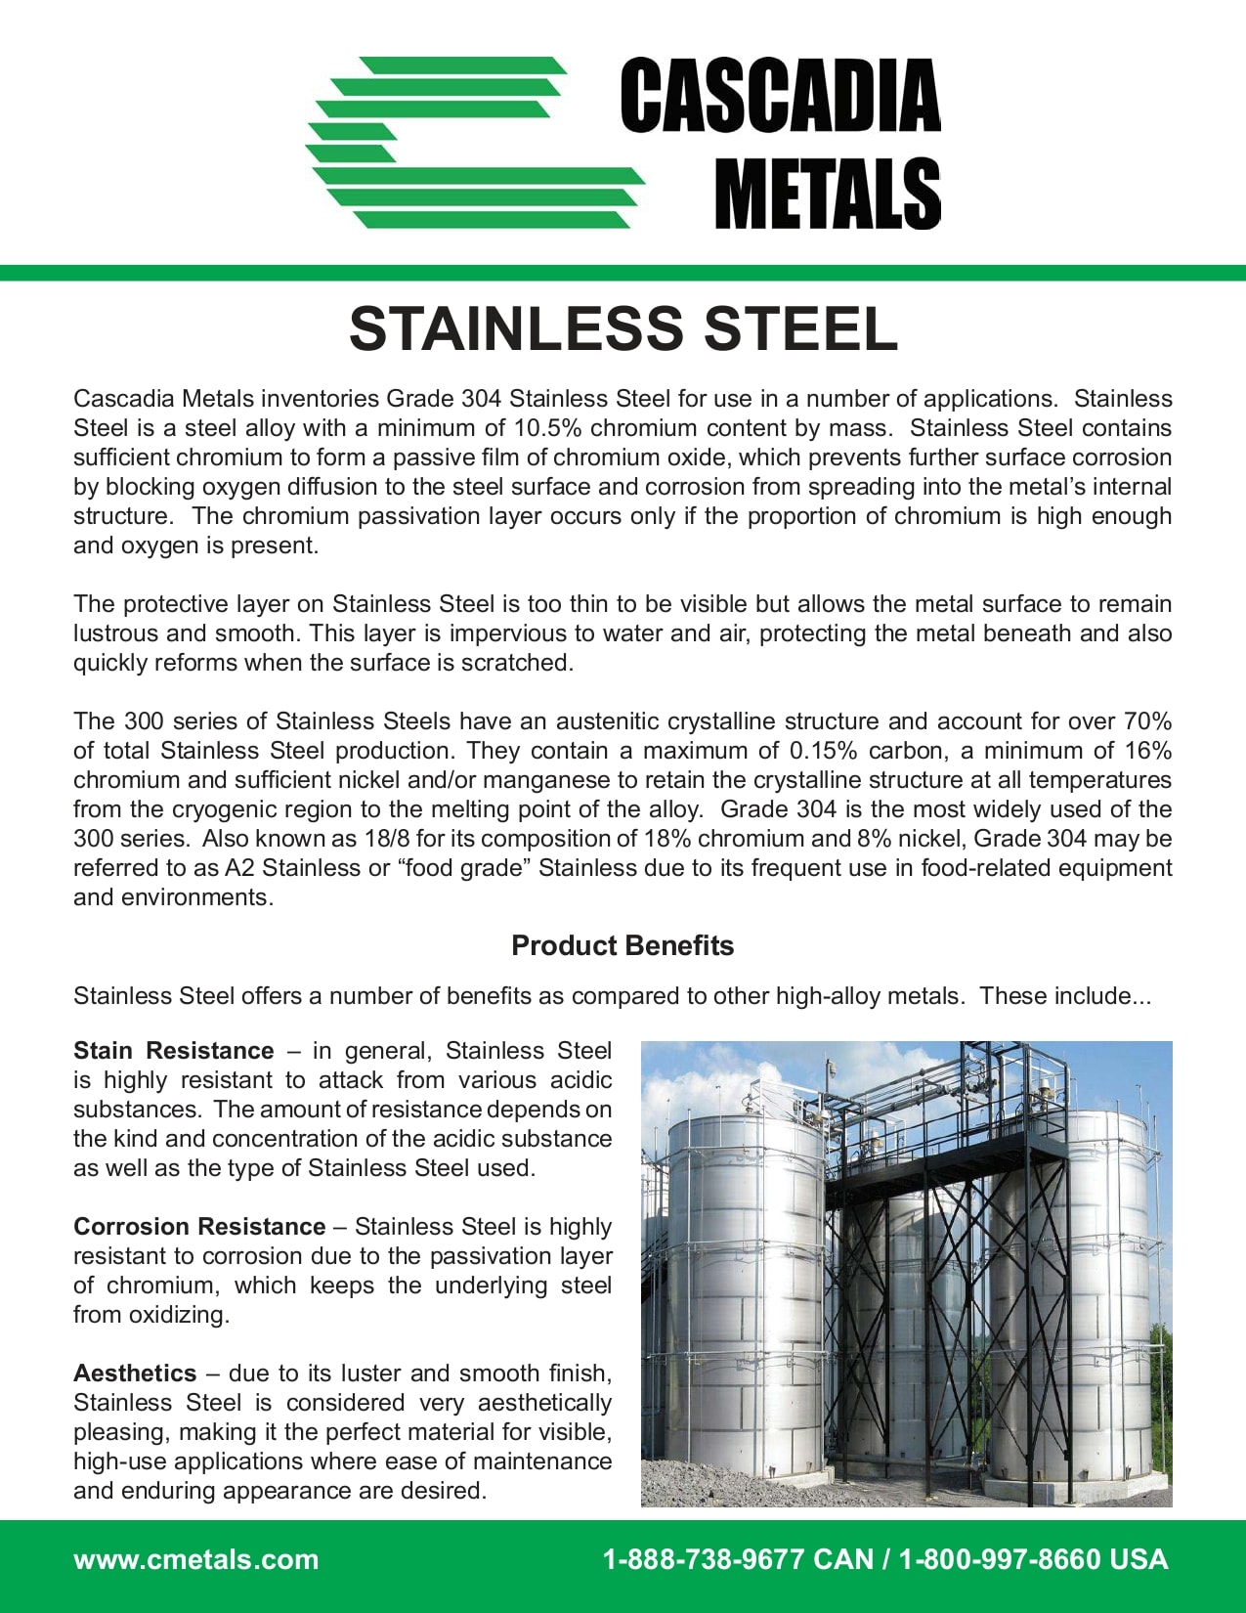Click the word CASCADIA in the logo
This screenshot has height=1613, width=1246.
tap(780, 96)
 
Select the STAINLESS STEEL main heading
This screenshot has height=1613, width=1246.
tap(623, 328)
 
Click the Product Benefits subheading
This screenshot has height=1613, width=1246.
tap(623, 945)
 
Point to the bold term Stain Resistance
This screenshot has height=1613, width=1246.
tap(173, 1051)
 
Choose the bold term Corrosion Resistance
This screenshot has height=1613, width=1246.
tap(199, 1227)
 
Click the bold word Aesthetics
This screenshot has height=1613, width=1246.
tap(135, 1373)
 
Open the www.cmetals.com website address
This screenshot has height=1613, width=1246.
tap(195, 1559)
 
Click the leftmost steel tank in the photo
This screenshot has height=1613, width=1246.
tap(743, 1300)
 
